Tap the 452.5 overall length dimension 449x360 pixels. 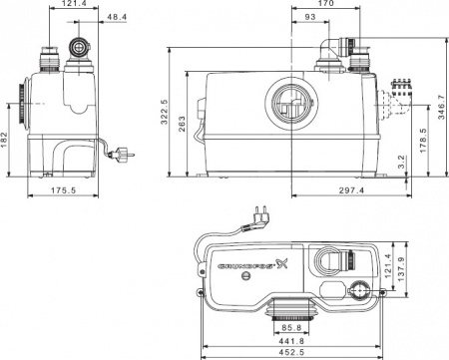pos(290,352)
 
